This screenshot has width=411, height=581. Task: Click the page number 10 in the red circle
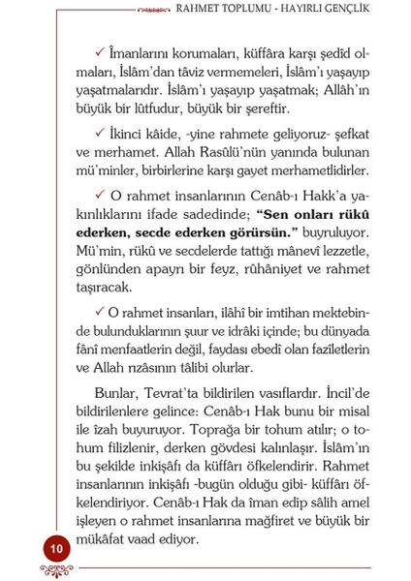point(56,548)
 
